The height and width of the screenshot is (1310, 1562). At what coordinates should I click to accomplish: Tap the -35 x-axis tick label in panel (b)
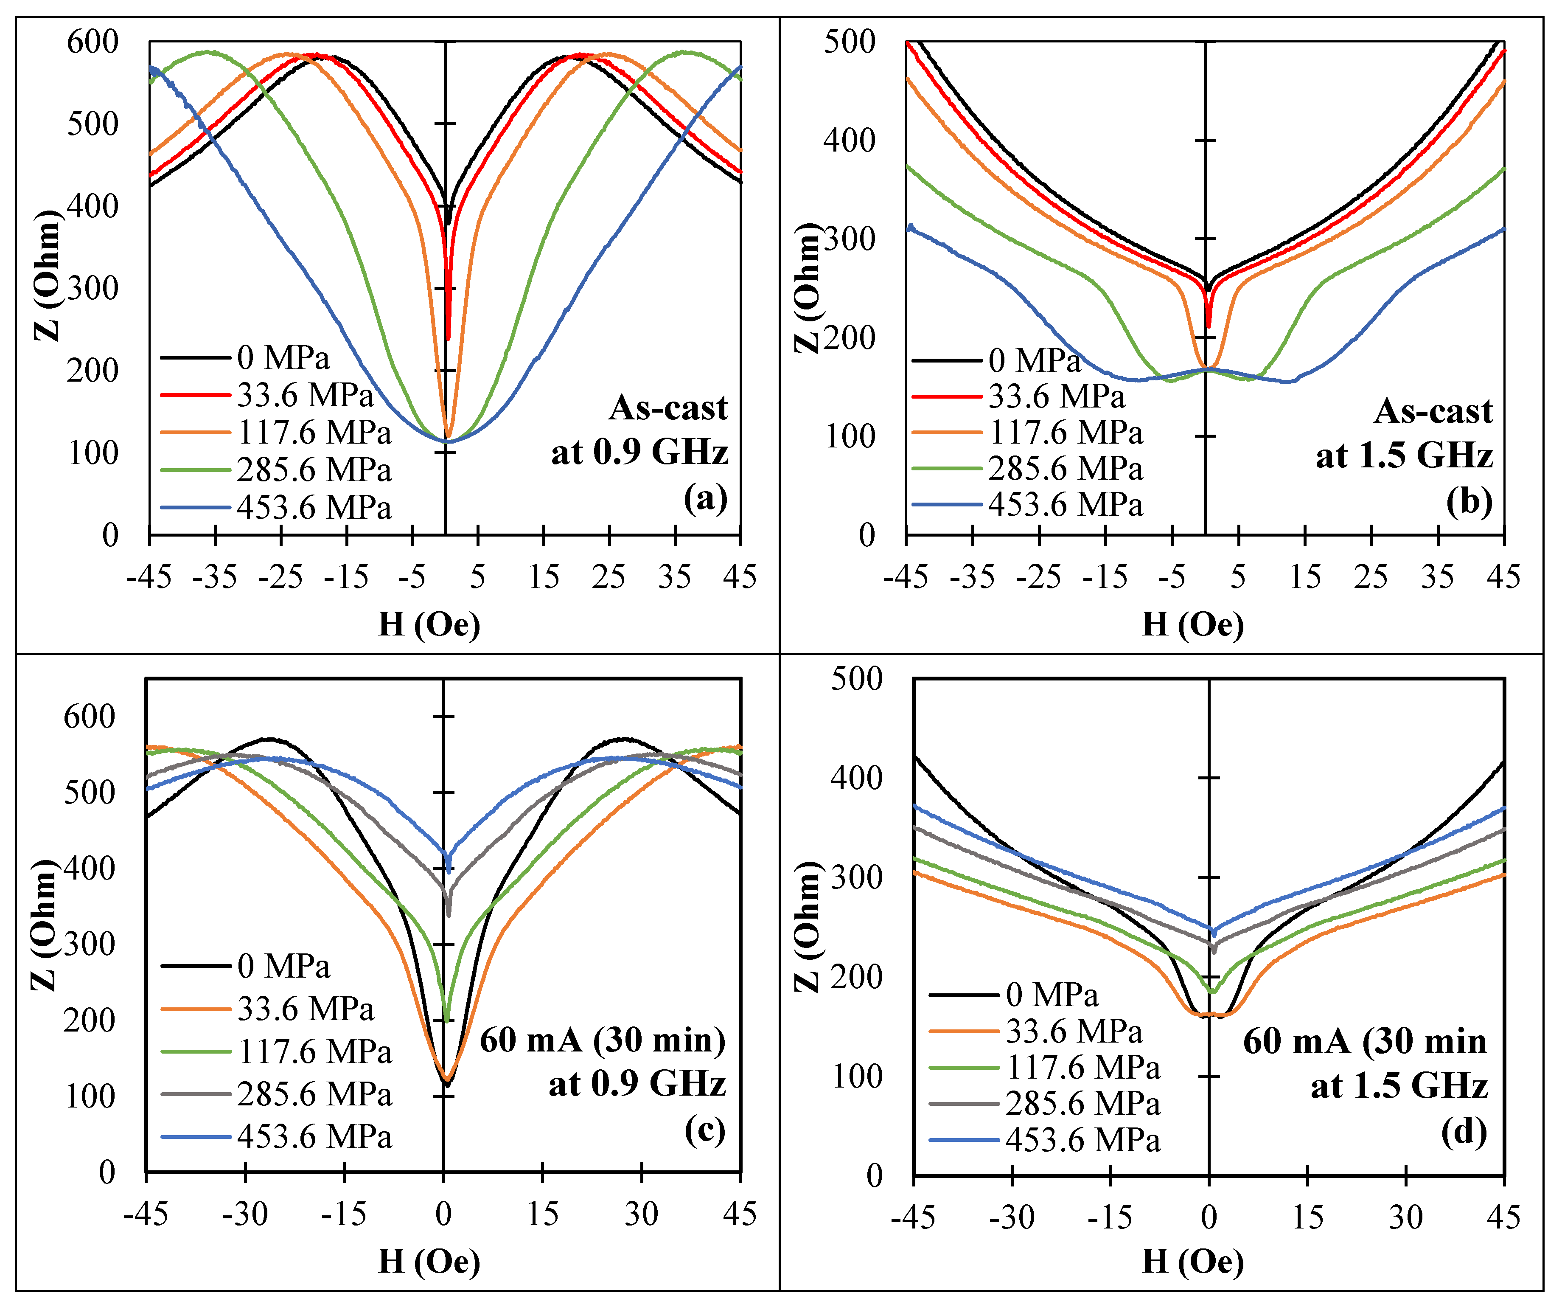[x=972, y=576]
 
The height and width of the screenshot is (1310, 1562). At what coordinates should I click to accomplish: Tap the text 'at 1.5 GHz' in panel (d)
[x=1398, y=1086]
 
